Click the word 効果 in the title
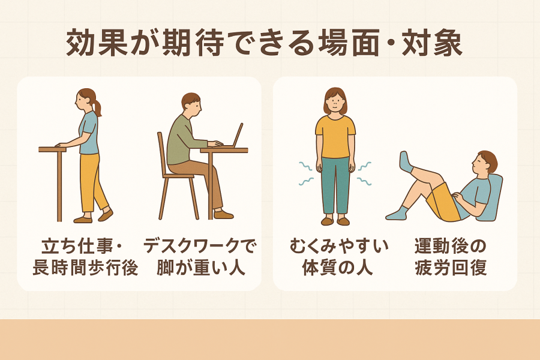point(97,43)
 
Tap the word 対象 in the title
point(432,43)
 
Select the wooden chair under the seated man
point(176,176)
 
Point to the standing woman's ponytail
point(97,106)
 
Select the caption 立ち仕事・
point(82,247)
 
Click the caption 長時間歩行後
point(85,268)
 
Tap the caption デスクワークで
point(199,247)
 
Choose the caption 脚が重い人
point(201,268)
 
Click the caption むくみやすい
point(339,247)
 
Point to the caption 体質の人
point(337,268)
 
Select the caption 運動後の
point(450,247)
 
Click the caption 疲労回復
point(451,268)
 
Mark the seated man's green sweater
point(181,140)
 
